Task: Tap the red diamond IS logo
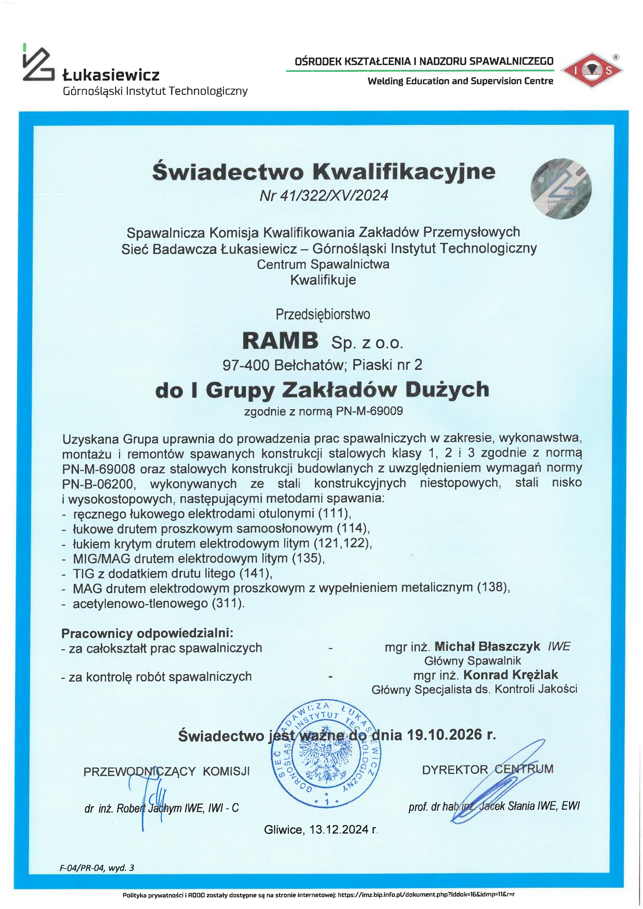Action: (592, 70)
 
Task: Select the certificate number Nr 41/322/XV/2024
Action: (324, 196)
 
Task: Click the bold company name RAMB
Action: (280, 341)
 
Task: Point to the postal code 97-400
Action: (246, 365)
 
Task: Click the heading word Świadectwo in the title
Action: (228, 172)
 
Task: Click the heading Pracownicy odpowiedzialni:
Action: (147, 633)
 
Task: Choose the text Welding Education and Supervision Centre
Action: (460, 81)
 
